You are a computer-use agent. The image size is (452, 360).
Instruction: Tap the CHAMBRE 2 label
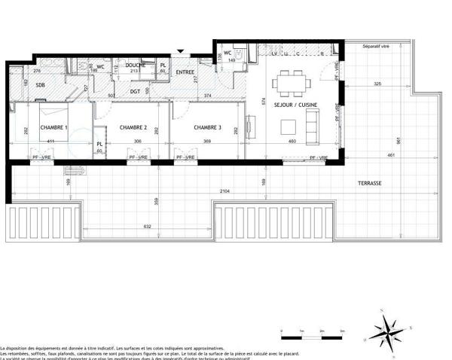coord(133,127)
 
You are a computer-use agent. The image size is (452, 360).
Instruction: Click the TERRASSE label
coord(369,184)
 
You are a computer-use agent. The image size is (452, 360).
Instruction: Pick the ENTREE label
coord(185,72)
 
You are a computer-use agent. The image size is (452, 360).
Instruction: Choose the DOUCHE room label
coord(136,66)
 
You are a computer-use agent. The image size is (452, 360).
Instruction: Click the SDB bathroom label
coord(40,85)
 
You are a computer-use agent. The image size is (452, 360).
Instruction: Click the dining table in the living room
coord(289,80)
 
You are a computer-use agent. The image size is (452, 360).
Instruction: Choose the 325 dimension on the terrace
coord(376,83)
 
